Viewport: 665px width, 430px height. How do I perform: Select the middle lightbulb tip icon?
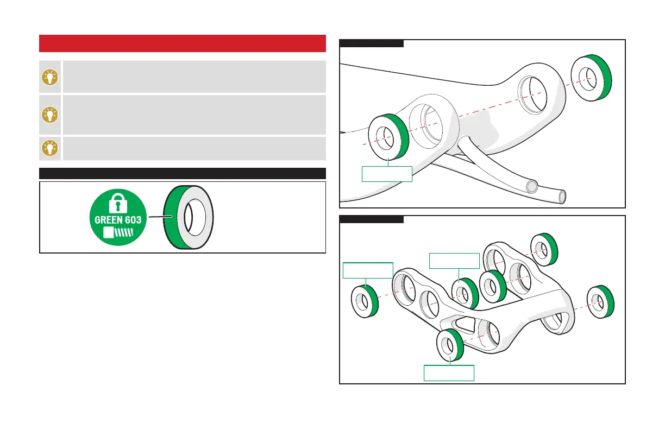click(50, 115)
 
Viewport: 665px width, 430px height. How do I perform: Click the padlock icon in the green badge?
click(118, 202)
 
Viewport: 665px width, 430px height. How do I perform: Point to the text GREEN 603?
click(118, 222)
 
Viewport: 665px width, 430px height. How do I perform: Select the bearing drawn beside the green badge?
click(189, 217)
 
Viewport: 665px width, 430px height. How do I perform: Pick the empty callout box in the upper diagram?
click(387, 173)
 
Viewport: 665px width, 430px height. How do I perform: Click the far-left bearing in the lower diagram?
click(365, 300)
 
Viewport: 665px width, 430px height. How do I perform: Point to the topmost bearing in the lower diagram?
click(543, 249)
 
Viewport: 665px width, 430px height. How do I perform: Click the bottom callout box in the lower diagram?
click(449, 373)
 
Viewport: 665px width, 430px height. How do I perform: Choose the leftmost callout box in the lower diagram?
click(367, 270)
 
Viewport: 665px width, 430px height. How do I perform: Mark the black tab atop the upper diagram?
click(372, 43)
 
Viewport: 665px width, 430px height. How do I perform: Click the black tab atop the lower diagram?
click(372, 219)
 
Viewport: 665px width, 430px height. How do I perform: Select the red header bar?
click(182, 43)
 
